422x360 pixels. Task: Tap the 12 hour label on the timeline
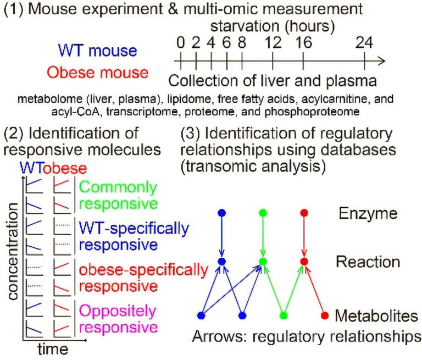point(273,42)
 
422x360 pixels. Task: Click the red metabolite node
point(325,315)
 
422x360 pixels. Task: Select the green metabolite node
point(284,315)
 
